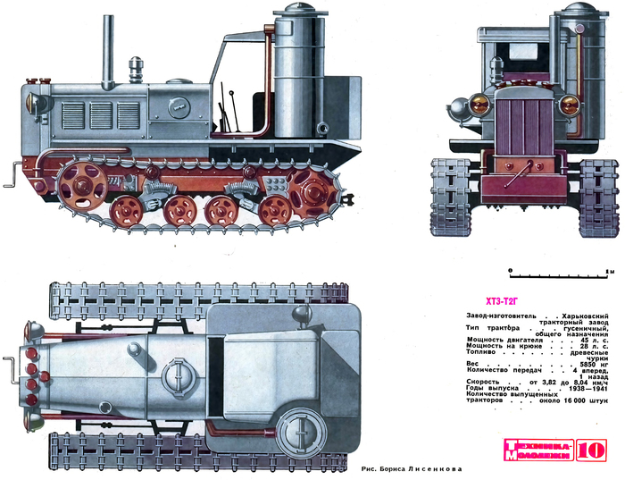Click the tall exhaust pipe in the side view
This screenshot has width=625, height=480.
[x=112, y=49]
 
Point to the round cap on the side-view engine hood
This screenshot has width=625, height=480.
[x=137, y=66]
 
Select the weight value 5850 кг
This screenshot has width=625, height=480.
[x=596, y=365]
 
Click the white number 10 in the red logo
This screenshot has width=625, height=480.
[x=596, y=450]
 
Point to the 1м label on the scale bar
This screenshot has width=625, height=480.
[x=610, y=269]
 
